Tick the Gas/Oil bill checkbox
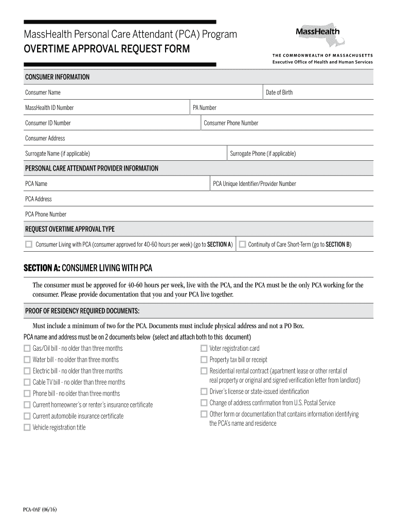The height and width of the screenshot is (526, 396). (x=27, y=348)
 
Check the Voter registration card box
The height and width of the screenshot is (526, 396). (x=204, y=348)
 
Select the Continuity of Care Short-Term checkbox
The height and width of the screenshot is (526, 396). (x=243, y=245)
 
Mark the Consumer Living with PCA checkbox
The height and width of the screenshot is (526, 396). (x=29, y=245)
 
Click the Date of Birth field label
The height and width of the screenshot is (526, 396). (x=279, y=92)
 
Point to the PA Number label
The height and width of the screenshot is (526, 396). (x=205, y=108)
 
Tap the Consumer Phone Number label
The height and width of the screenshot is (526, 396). (x=231, y=123)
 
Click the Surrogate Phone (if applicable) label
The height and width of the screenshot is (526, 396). (x=263, y=154)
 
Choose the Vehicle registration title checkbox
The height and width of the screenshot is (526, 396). (x=27, y=427)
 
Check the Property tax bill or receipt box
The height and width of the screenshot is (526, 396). (x=204, y=360)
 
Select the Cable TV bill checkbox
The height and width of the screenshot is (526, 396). (x=27, y=382)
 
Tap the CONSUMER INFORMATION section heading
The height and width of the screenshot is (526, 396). (x=57, y=77)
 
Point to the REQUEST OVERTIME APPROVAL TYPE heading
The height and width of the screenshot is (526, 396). (x=70, y=229)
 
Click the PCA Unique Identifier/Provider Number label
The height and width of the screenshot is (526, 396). (x=255, y=184)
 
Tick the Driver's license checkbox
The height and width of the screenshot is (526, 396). (x=204, y=391)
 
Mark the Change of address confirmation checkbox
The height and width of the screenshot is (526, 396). (x=204, y=403)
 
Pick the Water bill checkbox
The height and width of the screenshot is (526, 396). (x=27, y=360)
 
